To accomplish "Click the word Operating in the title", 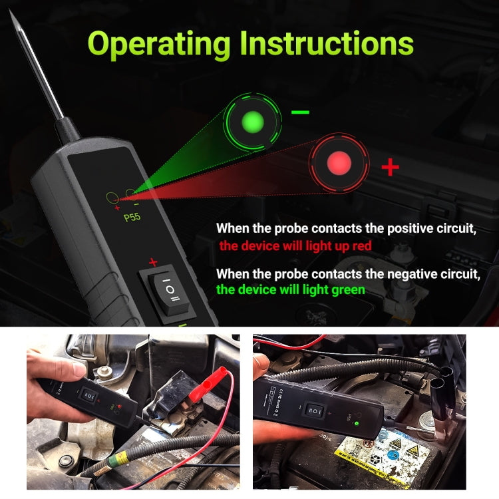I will [x=158, y=43].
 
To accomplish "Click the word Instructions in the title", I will [x=326, y=43].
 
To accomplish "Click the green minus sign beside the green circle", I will [x=300, y=112].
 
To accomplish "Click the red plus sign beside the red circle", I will [x=390, y=167].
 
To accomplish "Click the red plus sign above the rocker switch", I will [x=153, y=261].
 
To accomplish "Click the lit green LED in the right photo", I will [x=357, y=422].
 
